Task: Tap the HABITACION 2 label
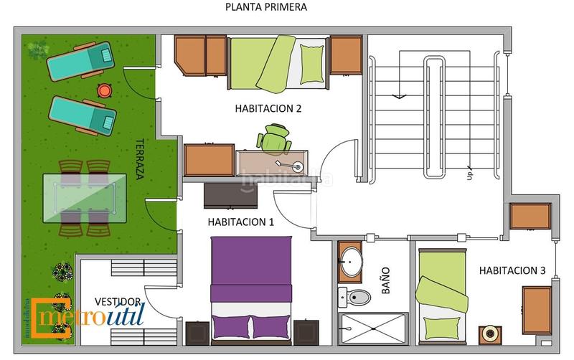coord(268,109)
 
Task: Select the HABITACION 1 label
coord(241,222)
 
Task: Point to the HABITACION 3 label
coord(512,270)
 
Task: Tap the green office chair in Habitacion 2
coord(276,138)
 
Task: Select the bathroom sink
coord(350,262)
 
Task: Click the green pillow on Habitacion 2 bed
coord(313,64)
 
